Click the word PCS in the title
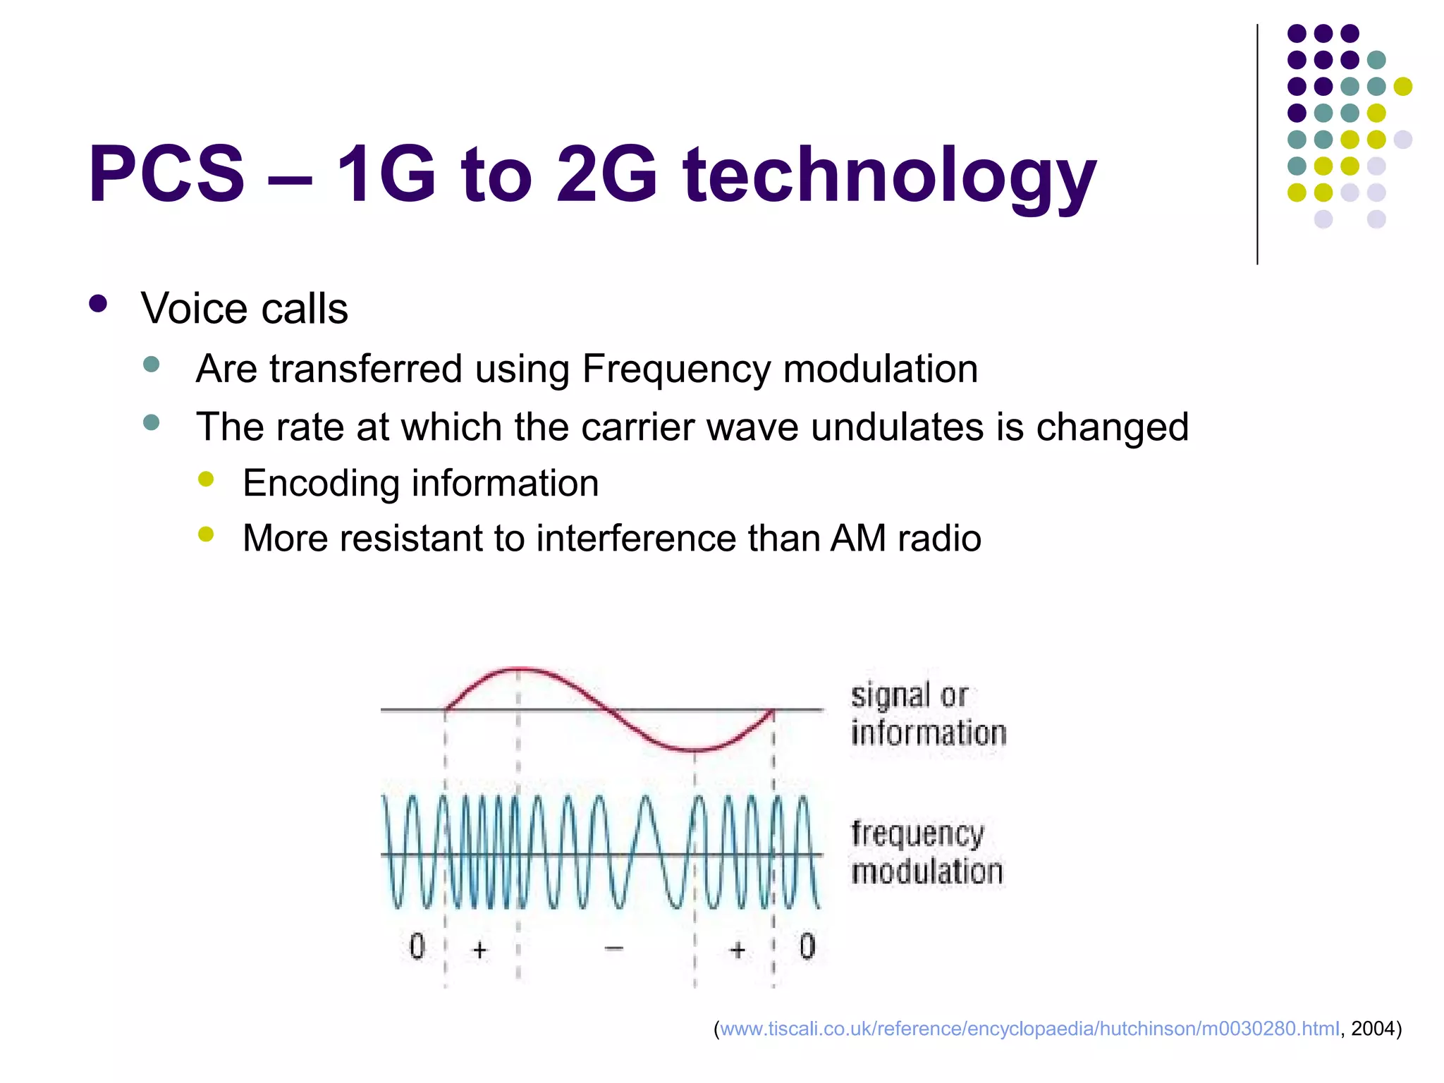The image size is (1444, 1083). (166, 175)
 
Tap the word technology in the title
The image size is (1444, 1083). (889, 176)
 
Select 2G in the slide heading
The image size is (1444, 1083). (606, 175)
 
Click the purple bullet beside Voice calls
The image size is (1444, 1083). (98, 305)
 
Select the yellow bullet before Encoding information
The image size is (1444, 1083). (206, 480)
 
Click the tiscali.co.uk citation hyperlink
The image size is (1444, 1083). (1029, 1029)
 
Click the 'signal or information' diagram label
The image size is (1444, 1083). (927, 714)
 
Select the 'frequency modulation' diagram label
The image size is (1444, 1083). (926, 852)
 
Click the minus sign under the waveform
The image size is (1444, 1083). (614, 948)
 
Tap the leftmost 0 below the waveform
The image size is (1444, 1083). (417, 946)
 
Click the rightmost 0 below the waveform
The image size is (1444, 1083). (807, 946)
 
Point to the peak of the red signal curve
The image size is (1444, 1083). (519, 668)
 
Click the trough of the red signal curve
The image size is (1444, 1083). (695, 749)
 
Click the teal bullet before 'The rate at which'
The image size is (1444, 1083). (151, 422)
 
